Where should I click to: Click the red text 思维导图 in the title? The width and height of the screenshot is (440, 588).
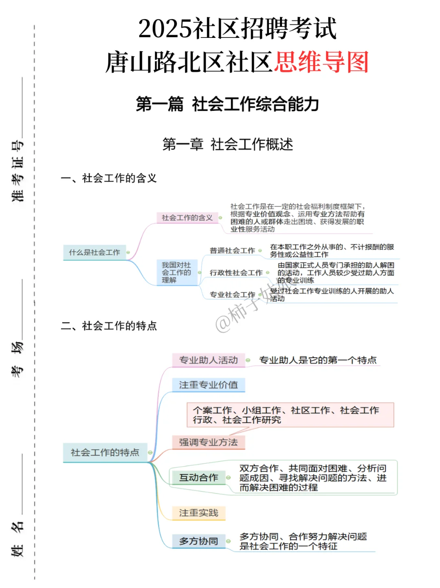pos(321,62)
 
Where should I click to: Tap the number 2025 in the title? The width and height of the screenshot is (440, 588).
pos(165,29)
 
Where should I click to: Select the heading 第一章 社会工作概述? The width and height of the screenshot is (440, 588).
pos(227,144)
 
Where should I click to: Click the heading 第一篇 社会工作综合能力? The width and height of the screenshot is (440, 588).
pos(227,104)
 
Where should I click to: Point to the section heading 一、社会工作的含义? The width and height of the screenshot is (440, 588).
pos(109,178)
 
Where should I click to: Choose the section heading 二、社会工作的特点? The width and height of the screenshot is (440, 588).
pos(109,326)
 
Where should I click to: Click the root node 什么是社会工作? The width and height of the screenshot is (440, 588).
pos(95,253)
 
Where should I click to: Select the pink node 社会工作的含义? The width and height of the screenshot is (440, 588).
pos(187,218)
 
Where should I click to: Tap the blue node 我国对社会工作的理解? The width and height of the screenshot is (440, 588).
pos(176,273)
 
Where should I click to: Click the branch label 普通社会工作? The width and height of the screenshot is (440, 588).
pos(232,251)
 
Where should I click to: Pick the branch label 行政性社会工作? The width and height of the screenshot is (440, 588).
pos(236,273)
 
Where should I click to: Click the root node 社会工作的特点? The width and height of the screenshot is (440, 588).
pos(105,453)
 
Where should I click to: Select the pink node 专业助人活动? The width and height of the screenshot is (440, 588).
pos(208,360)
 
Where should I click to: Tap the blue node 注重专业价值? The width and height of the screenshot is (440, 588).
pos(208,385)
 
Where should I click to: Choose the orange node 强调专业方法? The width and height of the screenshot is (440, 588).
pos(208,442)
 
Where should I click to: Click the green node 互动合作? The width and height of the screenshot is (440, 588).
pos(198,478)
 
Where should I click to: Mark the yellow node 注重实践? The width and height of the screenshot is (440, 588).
pos(198,513)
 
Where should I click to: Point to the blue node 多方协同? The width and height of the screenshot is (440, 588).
pos(198,542)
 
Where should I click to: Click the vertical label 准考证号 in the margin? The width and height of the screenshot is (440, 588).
pos(18,171)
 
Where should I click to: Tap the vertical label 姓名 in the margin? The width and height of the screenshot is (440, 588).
pos(18,539)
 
